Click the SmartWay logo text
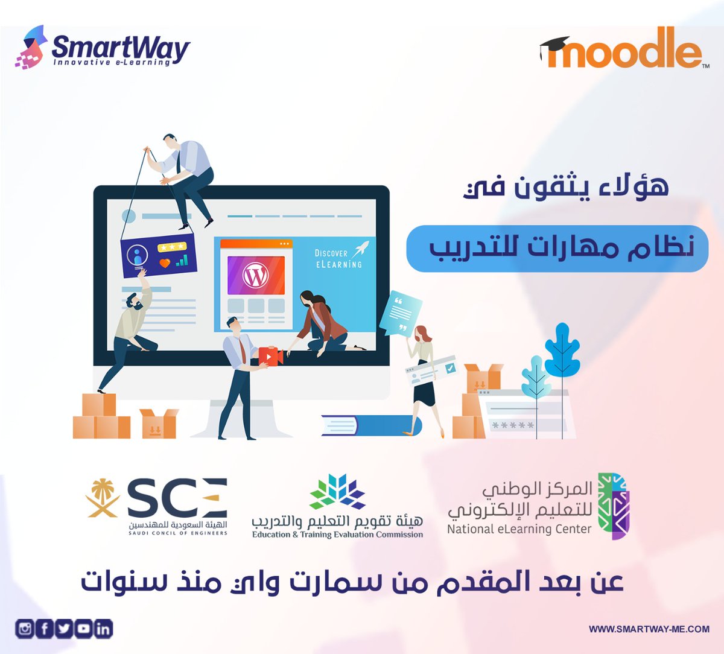click(121, 48)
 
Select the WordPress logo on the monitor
click(256, 276)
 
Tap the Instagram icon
click(25, 629)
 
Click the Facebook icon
click(45, 629)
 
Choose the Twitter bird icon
click(64, 629)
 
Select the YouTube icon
click(84, 629)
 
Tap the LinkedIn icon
click(103, 629)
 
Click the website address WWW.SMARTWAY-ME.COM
click(649, 629)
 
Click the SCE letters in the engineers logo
click(177, 499)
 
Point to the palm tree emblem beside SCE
click(103, 498)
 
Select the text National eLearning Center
click(519, 530)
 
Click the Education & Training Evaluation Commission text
click(337, 535)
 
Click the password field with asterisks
click(513, 425)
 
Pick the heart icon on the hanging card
click(165, 263)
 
